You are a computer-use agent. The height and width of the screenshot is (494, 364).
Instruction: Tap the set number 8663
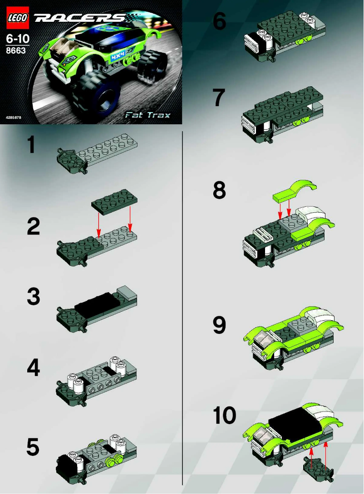click(x=16, y=51)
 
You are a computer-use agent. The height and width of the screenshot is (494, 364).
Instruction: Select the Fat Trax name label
click(x=148, y=115)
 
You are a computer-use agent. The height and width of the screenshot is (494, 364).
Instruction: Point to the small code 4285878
click(x=14, y=117)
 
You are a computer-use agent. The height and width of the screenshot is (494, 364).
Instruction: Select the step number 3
click(x=33, y=297)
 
